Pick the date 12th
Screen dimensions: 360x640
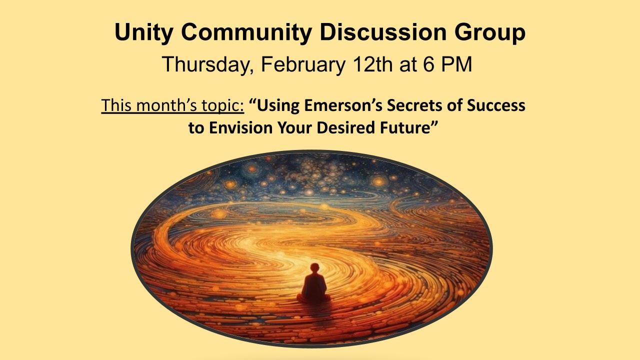(x=372, y=65)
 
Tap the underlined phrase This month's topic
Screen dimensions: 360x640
(x=172, y=106)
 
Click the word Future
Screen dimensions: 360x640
(x=410, y=128)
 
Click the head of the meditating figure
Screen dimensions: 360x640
(x=314, y=268)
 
